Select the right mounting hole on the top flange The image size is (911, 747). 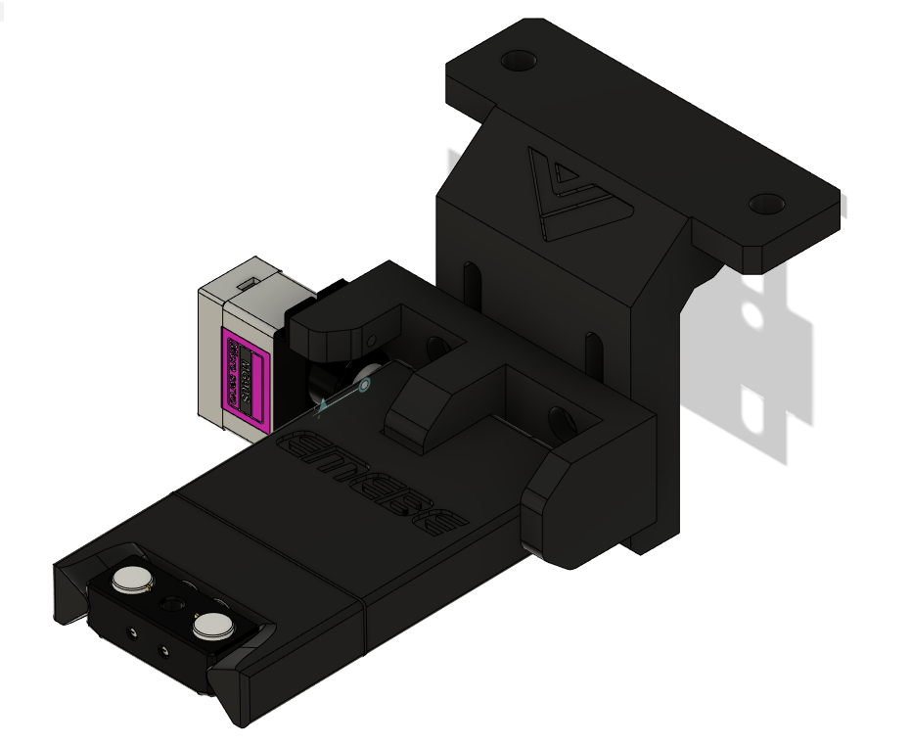767,204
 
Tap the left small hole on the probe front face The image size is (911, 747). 135,637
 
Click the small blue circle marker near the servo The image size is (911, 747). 364,387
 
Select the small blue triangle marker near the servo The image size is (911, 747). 322,403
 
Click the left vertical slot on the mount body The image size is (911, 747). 473,279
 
